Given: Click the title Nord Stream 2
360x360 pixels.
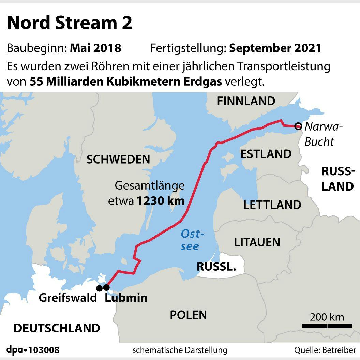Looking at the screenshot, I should [x=70, y=24].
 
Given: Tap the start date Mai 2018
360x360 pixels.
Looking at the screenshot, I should [x=95, y=48].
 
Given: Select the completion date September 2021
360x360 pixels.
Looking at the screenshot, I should [x=275, y=48].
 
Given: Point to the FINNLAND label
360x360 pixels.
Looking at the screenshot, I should [x=246, y=101].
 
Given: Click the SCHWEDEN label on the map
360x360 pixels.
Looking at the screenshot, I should [x=118, y=159].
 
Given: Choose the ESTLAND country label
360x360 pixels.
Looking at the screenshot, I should [x=266, y=154].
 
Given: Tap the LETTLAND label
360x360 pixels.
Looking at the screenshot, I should [x=272, y=205].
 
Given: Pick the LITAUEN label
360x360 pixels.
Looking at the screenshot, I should [x=257, y=242].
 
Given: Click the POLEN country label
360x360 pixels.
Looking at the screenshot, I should [x=188, y=315].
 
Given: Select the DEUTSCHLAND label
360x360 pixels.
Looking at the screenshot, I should [x=57, y=328].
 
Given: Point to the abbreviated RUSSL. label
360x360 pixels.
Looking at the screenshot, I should [x=216, y=267].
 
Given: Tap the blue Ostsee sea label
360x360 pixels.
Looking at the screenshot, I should [x=191, y=240].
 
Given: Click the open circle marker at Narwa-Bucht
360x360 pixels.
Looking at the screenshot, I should [x=298, y=126].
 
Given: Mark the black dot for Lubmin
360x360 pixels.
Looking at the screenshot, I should [x=106, y=288].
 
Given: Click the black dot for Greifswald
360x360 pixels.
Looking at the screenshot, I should [x=99, y=288].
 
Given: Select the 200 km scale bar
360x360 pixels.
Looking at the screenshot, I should [x=327, y=326].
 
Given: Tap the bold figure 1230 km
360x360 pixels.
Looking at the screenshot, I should [x=161, y=201].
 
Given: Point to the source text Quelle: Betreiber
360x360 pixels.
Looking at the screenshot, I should [x=325, y=350].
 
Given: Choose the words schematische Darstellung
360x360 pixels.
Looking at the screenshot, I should [x=180, y=350].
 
